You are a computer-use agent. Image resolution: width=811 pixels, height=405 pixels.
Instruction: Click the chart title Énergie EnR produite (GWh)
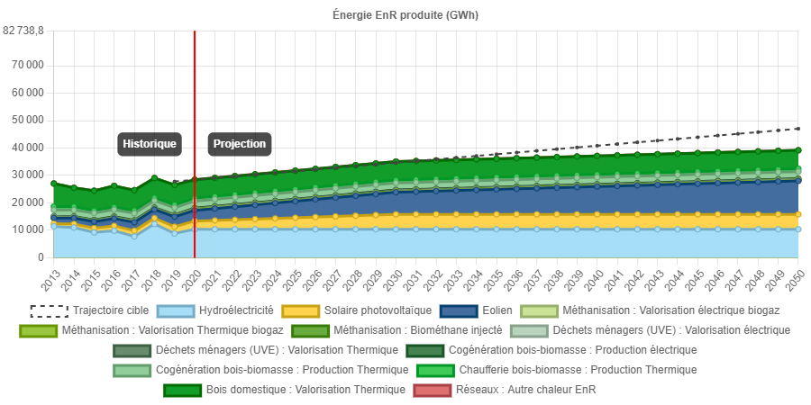pos(404,16)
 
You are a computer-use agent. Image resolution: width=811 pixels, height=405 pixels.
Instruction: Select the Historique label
pos(150,144)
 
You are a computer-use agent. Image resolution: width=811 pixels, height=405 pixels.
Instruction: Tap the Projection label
pos(240,144)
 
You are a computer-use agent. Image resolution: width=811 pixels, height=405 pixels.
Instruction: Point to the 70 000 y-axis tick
pos(27,65)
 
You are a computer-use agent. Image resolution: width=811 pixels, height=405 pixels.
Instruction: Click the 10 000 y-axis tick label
pos(27,229)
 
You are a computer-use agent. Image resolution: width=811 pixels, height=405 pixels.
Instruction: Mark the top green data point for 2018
pos(154,178)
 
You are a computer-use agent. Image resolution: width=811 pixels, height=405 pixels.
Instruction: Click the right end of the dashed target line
pos(798,129)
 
